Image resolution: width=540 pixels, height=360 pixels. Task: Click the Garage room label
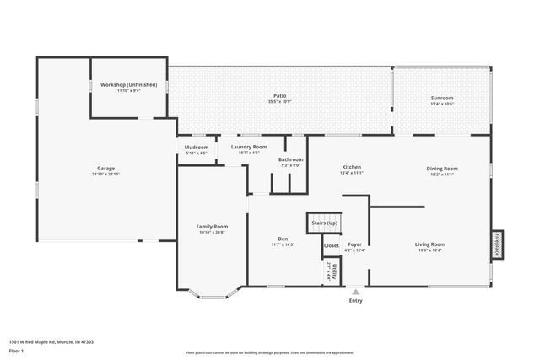coord(105,168)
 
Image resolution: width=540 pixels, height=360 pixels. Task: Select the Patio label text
coord(279,97)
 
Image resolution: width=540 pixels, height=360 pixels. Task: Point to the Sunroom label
coord(442,98)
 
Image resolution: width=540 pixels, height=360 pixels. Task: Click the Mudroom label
coord(197,148)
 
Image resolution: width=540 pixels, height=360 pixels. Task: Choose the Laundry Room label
coord(249,147)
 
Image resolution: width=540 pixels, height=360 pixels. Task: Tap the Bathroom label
coord(291,159)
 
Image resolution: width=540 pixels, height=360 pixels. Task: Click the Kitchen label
coord(351,167)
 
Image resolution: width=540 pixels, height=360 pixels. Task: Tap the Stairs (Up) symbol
coord(324,223)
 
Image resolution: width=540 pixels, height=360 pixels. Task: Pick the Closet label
coord(332,246)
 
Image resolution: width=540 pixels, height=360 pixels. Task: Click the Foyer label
coord(355,244)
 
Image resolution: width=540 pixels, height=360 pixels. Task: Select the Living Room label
coord(429,244)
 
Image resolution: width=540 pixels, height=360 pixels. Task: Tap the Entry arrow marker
coord(355,292)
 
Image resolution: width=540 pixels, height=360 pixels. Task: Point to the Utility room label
coord(334,270)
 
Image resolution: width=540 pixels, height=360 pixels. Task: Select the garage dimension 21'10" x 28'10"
coord(105,174)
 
